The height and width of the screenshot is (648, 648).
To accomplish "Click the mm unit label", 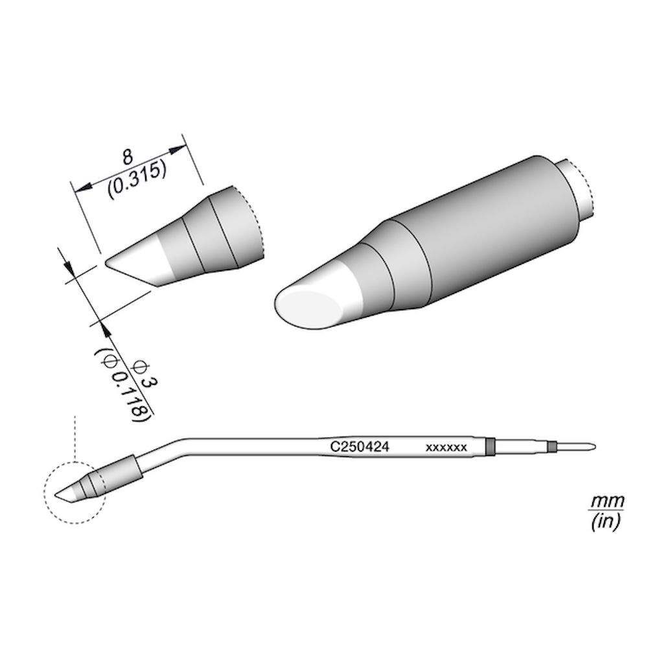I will click(607, 502).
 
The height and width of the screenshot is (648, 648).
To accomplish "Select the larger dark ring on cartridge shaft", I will click(490, 446).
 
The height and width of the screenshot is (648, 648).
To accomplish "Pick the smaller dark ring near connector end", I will click(551, 446).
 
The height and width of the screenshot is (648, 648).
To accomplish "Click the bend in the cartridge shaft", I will click(172, 447).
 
